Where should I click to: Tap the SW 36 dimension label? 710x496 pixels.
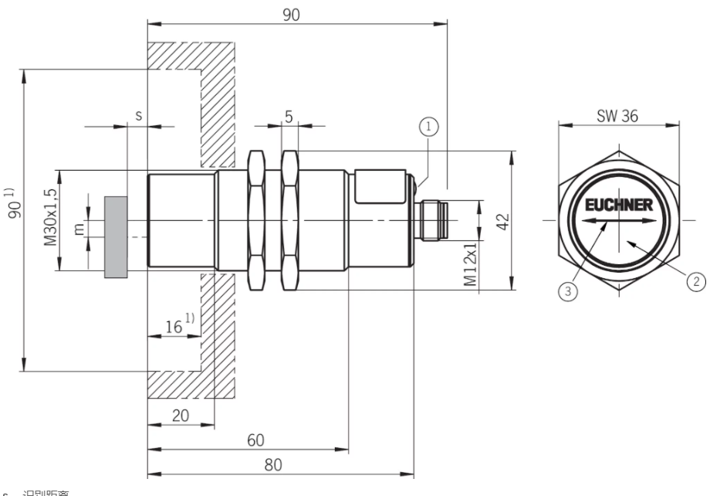click(617, 114)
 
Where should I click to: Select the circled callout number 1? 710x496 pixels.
click(429, 124)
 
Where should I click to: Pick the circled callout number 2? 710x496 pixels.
click(697, 281)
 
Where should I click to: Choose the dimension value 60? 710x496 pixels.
click(255, 440)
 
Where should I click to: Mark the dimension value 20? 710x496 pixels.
click(180, 415)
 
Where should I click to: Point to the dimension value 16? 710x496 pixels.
click(174, 327)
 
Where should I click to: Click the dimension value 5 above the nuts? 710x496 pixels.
click(289, 117)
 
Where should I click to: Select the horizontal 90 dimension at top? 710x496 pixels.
click(291, 15)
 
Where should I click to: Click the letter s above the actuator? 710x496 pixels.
click(138, 114)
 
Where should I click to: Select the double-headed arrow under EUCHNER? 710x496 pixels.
click(606, 222)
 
